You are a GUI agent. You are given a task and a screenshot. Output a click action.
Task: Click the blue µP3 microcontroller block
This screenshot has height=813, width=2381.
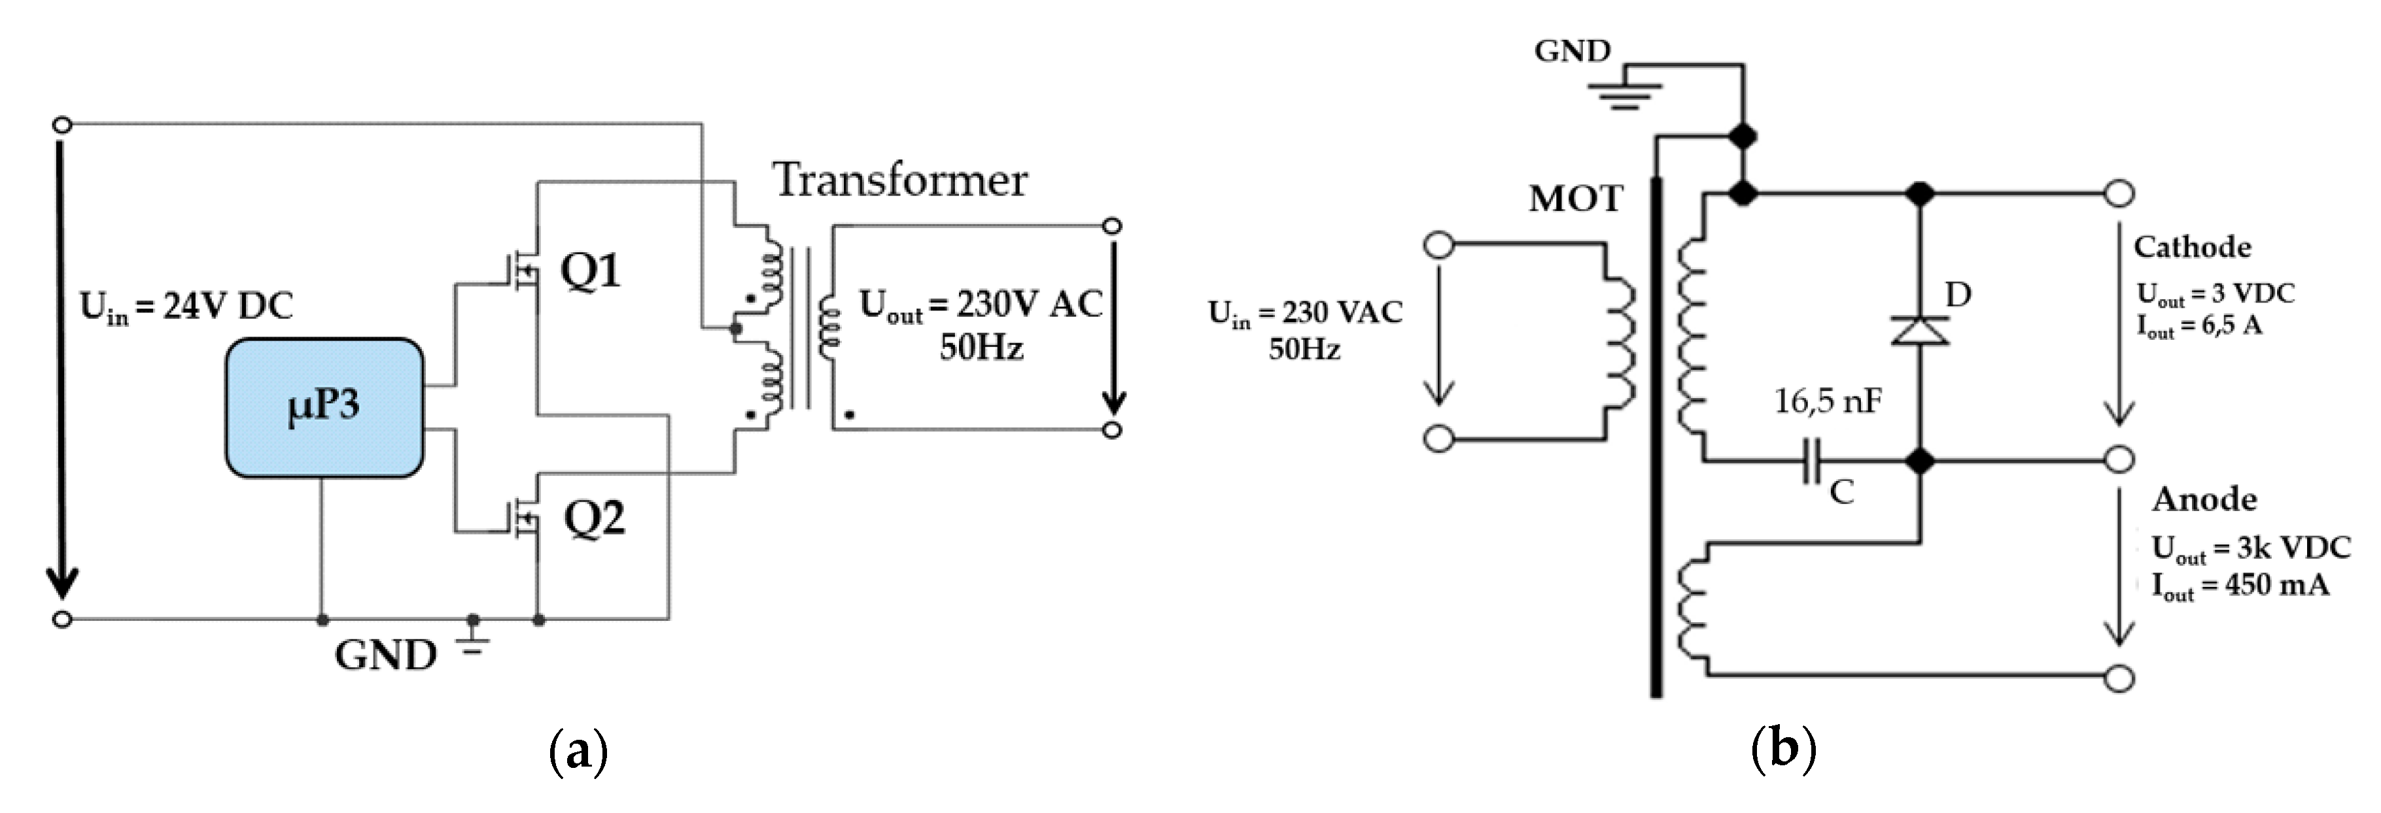324,407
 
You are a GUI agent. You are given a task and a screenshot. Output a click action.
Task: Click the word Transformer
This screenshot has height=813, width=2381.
900,179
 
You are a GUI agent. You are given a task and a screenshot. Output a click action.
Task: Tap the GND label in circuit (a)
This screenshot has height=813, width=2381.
385,655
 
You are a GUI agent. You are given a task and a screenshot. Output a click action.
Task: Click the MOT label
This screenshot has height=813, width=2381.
1575,199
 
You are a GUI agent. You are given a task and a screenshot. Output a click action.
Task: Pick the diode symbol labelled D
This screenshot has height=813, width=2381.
1920,330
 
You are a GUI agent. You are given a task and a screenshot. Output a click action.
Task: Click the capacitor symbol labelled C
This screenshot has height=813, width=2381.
1811,460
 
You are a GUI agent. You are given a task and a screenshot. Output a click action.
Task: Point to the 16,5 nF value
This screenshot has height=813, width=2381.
1828,401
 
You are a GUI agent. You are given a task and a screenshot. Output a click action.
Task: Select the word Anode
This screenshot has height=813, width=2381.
2204,500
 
